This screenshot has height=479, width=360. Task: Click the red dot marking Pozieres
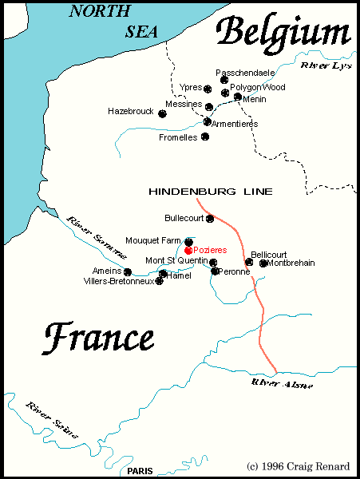[x=188, y=250]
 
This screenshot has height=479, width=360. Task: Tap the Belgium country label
[x=284, y=34]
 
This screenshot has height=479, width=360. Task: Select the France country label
[x=98, y=338]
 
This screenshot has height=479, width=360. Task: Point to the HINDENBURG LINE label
[x=211, y=192]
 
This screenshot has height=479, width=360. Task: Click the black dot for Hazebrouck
[x=162, y=113]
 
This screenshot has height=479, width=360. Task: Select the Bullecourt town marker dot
[x=210, y=218]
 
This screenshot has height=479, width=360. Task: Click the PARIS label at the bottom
[x=140, y=471]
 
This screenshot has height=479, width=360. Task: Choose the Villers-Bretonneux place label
[x=119, y=281]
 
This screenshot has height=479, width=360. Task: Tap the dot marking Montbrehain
[x=263, y=263]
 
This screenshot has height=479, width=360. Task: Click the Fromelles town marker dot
[x=205, y=137]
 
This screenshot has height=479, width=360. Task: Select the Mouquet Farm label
[x=153, y=240]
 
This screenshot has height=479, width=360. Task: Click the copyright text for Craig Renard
[x=299, y=465]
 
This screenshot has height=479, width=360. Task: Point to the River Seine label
[x=51, y=420]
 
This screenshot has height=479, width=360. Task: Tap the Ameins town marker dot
[x=128, y=272]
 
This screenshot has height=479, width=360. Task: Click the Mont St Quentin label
[x=176, y=261]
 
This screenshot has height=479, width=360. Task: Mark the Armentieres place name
[x=237, y=124]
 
